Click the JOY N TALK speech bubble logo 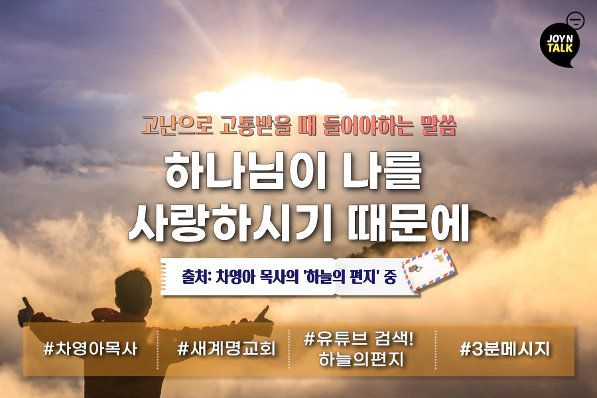pos(559,45)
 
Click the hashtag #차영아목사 pos(90,348)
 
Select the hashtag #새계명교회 pos(226,348)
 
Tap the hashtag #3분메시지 pos(505,349)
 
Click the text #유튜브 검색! pos(359,338)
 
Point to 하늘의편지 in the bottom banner pos(361,359)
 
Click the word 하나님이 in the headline pos(245,171)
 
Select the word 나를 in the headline pos(382,171)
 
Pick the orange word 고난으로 pos(176,125)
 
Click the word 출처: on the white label pos(196,277)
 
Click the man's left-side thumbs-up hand pos(25,311)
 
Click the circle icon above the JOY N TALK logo pos(575,21)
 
